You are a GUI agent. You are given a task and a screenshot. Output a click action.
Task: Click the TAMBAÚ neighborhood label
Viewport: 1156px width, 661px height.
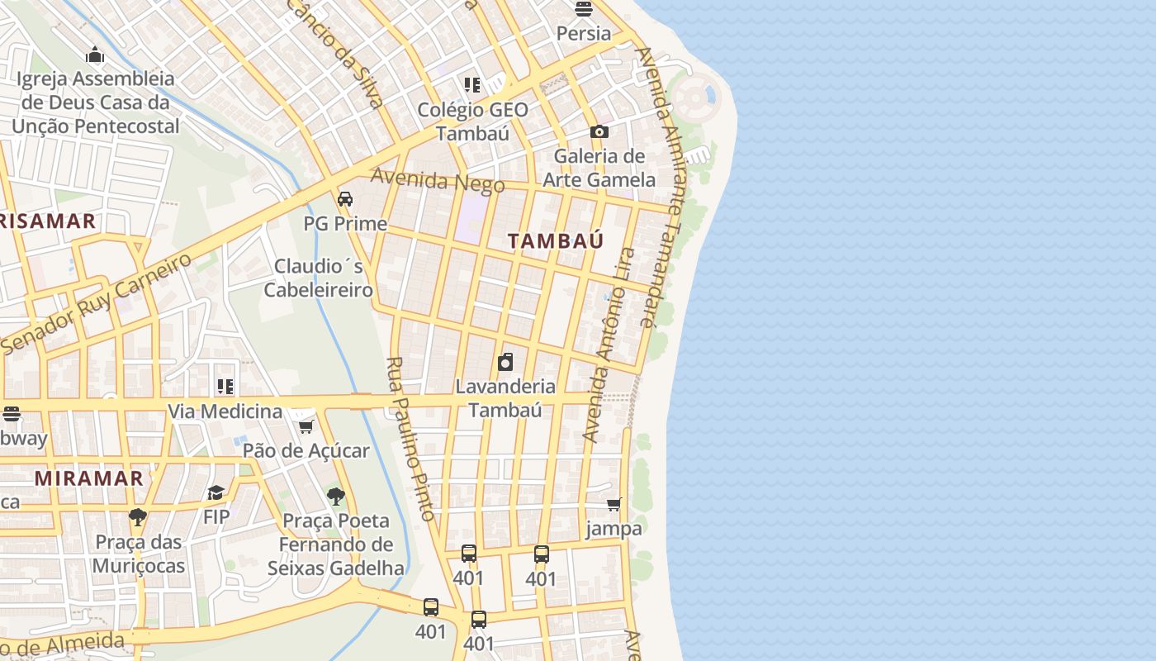coord(555,241)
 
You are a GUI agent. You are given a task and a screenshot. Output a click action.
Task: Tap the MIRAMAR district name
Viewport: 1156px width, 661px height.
coord(88,478)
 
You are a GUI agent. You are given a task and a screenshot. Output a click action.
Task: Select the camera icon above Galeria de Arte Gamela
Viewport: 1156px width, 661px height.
coord(599,131)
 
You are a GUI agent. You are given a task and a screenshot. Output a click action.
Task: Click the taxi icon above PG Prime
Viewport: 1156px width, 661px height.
coord(345,199)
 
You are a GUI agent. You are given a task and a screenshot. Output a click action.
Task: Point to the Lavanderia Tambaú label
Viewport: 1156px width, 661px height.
coord(505,397)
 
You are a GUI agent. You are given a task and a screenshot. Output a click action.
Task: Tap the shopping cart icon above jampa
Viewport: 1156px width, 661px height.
coord(614,504)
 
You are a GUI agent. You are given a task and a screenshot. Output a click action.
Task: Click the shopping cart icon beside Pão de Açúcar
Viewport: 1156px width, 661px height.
coord(306,426)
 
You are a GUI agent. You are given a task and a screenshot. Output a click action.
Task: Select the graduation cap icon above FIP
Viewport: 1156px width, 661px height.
coord(216,493)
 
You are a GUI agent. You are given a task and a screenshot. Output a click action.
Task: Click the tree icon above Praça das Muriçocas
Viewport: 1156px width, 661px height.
coord(138,518)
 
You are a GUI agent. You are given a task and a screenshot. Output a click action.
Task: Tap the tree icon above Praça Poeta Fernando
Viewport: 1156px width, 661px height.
coord(335,497)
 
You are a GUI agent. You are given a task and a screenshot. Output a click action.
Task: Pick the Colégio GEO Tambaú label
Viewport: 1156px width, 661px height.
coord(472,121)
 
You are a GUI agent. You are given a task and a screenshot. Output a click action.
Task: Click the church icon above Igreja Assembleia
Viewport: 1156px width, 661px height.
coord(95,55)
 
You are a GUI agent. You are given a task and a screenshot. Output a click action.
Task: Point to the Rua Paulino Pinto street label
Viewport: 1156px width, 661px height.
coord(410,439)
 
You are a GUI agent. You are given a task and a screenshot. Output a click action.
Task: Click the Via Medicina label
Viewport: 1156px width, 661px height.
coord(225,411)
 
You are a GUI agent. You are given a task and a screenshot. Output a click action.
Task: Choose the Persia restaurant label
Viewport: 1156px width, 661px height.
coord(584,34)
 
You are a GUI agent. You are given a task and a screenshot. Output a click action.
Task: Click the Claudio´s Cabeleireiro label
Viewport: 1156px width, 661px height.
coord(318,278)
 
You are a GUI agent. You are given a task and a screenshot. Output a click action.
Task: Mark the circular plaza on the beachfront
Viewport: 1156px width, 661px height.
coord(696,97)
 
